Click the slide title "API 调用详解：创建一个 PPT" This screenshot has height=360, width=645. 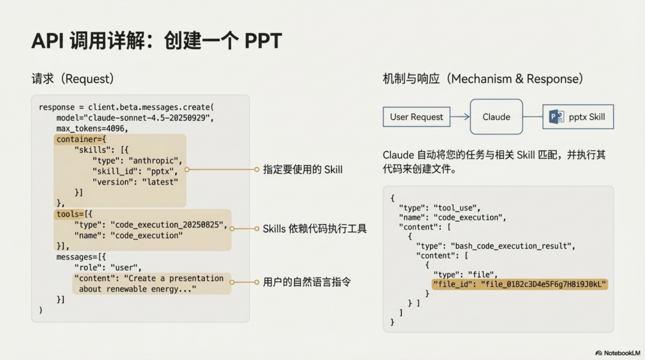[156, 41]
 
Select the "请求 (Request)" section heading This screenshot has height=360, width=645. [72, 79]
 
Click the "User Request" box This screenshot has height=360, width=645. [416, 117]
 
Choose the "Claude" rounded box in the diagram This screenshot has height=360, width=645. [496, 117]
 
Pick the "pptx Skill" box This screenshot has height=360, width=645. [578, 117]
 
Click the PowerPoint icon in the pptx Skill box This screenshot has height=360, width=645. [556, 117]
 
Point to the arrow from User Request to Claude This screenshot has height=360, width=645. [460, 117]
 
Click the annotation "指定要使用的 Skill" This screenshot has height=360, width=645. [303, 170]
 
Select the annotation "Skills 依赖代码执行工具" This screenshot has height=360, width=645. [314, 229]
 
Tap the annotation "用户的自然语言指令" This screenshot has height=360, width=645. [306, 282]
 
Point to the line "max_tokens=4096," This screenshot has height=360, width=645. [93, 128]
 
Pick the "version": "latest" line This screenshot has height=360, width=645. [134, 182]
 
